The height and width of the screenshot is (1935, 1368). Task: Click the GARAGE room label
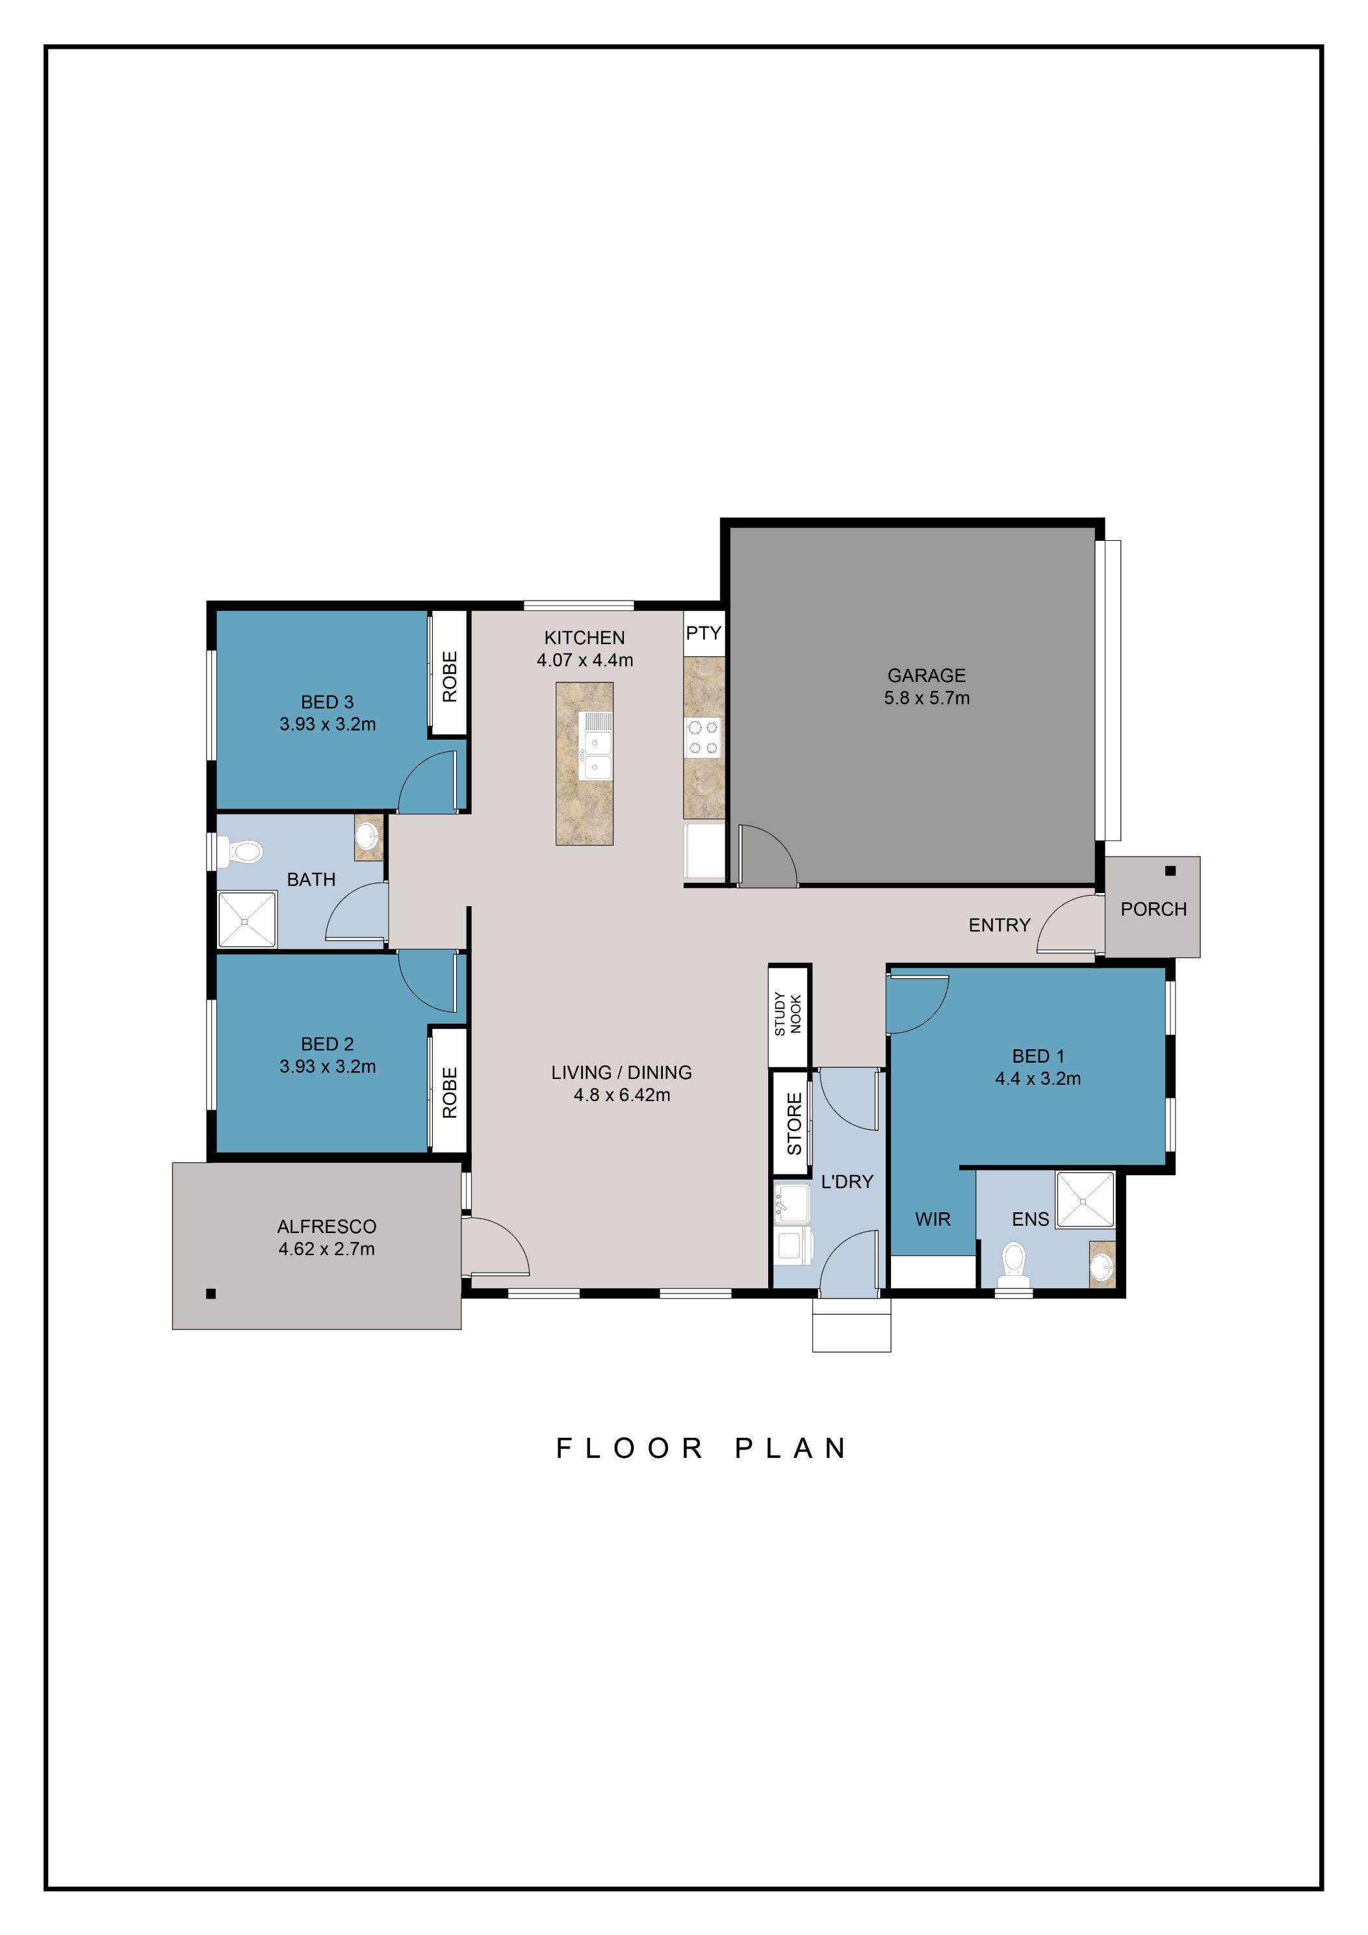click(x=926, y=675)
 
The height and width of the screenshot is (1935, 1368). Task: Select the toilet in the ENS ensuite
click(x=1014, y=1262)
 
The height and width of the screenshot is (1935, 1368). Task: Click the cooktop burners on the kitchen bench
click(x=703, y=736)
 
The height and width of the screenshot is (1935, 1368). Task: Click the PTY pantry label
click(x=703, y=633)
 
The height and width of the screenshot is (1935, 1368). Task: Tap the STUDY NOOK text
click(x=788, y=1014)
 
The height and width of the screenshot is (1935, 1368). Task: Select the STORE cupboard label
click(x=793, y=1123)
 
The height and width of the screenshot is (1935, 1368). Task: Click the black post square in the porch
click(x=1170, y=870)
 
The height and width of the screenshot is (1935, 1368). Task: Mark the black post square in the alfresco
click(x=211, y=1293)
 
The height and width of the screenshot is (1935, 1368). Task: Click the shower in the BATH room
click(x=247, y=920)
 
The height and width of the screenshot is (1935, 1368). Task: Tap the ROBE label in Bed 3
click(x=449, y=676)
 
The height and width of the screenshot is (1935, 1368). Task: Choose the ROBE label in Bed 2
click(x=449, y=1093)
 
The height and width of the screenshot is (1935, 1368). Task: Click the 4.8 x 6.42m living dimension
click(x=621, y=1095)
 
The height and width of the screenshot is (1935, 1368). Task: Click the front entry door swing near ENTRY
click(x=1067, y=924)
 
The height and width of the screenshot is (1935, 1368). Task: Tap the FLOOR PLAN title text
click(x=701, y=1448)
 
